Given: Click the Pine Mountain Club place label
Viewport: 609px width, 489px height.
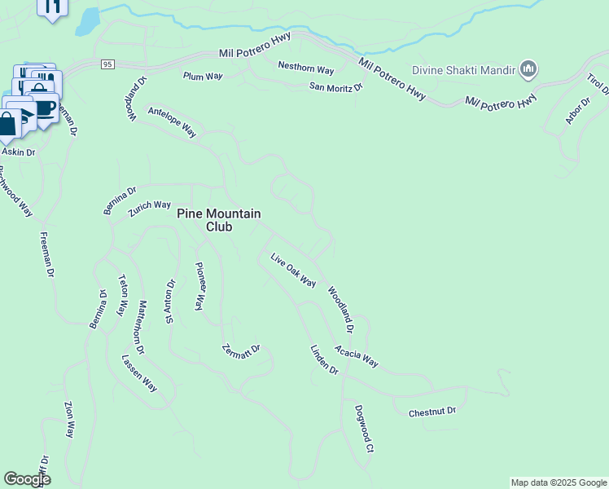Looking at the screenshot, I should tap(219, 220).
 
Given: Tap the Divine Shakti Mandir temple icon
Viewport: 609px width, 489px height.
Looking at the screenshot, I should tap(528, 70).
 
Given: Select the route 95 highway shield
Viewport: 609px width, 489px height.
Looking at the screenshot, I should tap(107, 64).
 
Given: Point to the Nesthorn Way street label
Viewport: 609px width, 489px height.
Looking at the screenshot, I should tap(306, 68).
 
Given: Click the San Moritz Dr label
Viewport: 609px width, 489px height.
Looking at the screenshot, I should tap(335, 87).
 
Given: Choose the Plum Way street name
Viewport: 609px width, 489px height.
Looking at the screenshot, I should tap(203, 77).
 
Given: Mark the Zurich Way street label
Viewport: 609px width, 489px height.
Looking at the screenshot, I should tap(150, 208).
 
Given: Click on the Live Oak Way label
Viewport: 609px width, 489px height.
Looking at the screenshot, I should tap(293, 270).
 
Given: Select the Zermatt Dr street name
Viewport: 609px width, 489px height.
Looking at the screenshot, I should tap(241, 355).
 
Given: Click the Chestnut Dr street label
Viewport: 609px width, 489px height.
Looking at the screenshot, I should tap(432, 412).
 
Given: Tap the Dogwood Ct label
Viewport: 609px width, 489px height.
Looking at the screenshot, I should tap(363, 428).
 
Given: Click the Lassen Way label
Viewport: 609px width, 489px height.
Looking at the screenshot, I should tap(139, 373).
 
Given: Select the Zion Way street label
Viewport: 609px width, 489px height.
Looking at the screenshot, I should tap(71, 419).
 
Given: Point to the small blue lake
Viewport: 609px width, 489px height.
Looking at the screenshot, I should tap(87, 22).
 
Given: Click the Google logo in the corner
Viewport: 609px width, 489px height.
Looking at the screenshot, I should tap(27, 479).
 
